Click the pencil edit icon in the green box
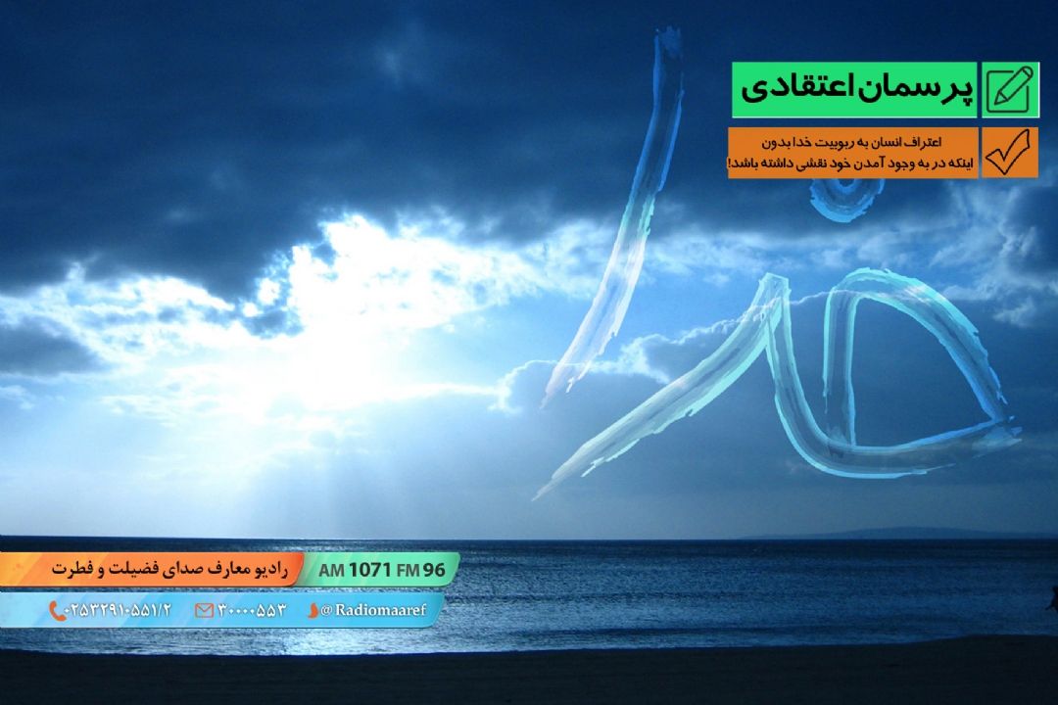pos(1010,90)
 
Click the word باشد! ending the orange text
pos(743,164)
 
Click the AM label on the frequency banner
pos(331,571)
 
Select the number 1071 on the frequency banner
pos(369,570)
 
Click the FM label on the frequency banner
pos(408,571)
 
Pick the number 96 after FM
pos(434,570)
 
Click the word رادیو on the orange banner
pos(271,570)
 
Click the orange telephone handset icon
pos(57,611)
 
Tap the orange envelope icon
pos(204,611)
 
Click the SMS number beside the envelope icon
pos(252,611)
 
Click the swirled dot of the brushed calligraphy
pos(846,196)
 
